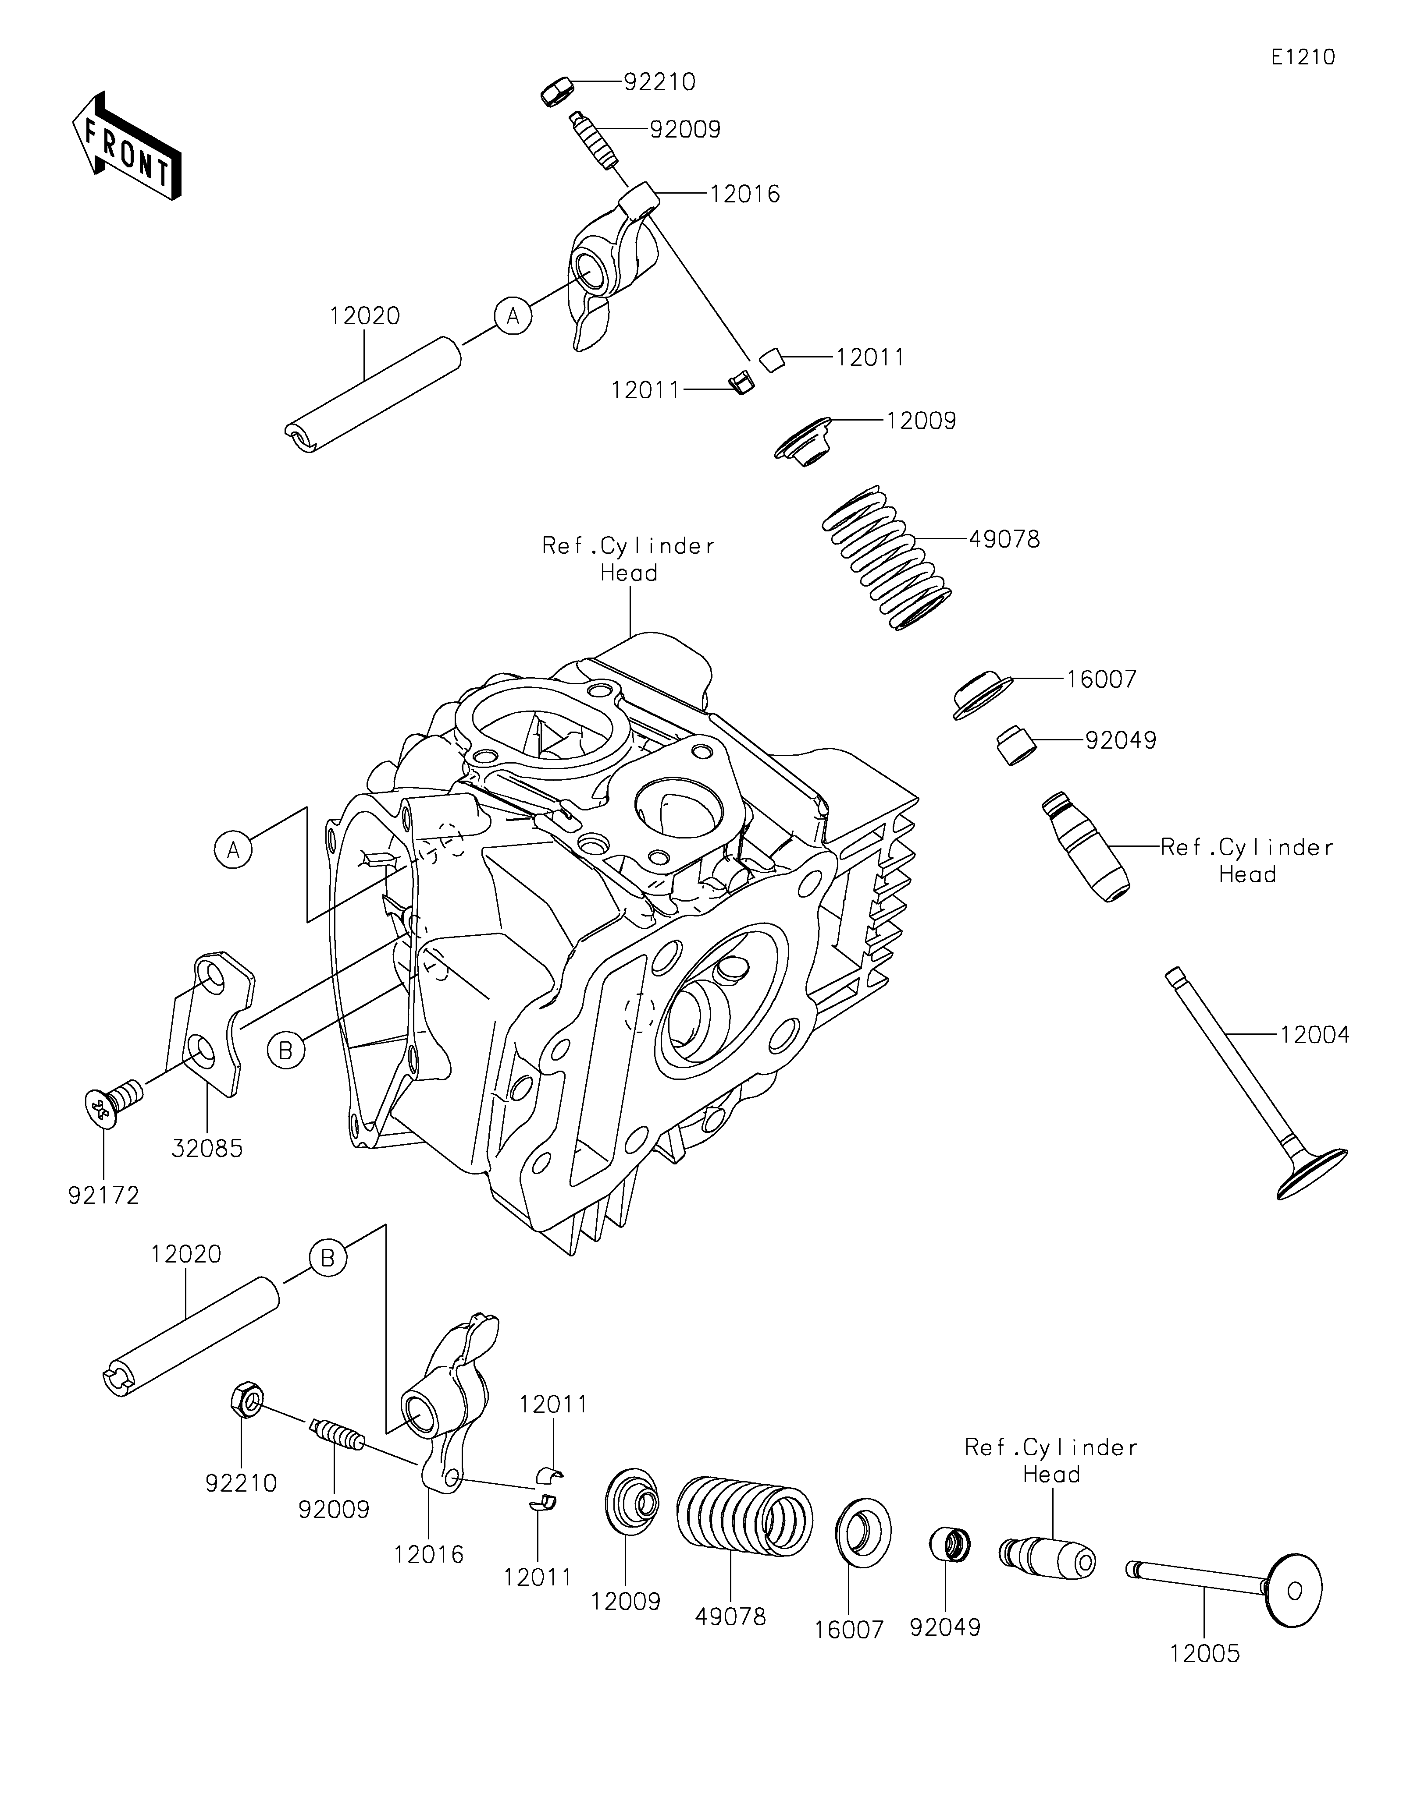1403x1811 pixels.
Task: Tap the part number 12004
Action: tap(1314, 1035)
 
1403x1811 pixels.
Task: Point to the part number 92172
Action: tap(104, 1195)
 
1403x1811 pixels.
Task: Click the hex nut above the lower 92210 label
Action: tap(246, 1401)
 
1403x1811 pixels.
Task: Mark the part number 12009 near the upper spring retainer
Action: tap(921, 421)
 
